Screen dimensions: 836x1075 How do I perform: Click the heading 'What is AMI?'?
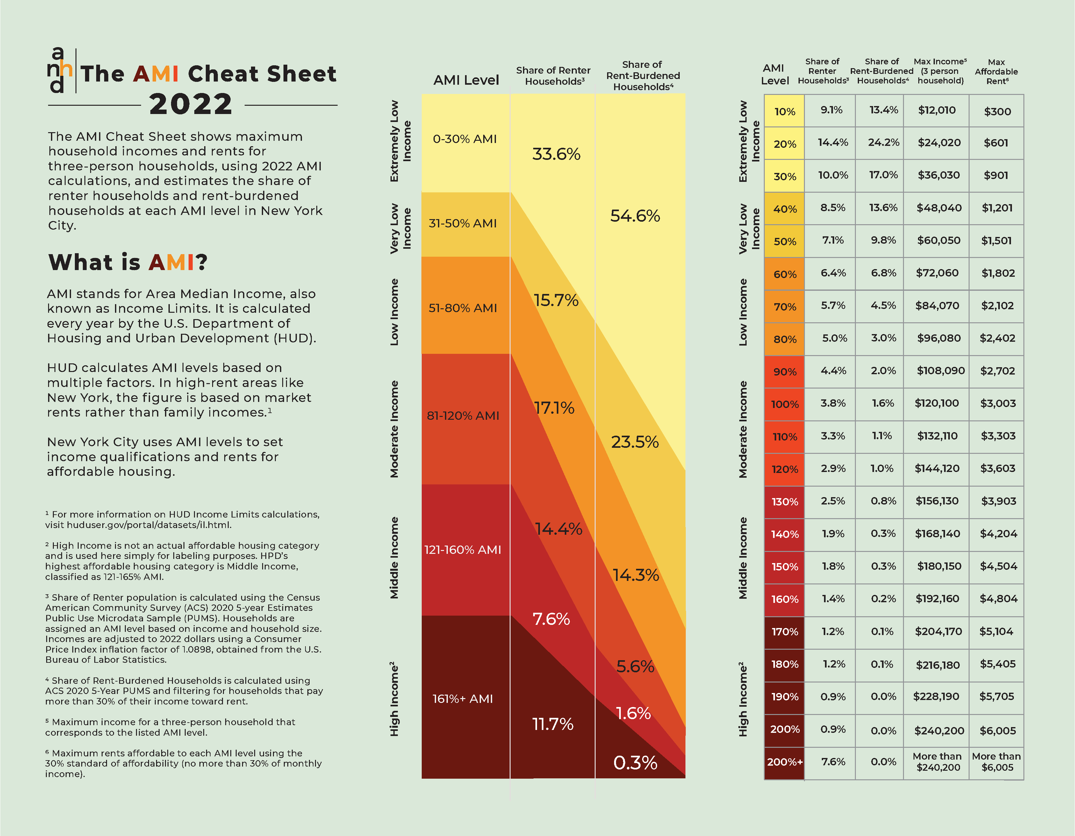[128, 262]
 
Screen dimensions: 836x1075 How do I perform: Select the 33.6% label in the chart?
[556, 154]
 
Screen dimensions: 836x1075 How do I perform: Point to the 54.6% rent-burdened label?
[635, 216]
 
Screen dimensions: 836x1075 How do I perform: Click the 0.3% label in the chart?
[635, 763]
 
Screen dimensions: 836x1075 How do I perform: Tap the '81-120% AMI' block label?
[463, 416]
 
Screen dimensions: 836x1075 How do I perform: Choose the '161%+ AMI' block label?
[463, 699]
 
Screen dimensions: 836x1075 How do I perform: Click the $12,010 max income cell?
[937, 110]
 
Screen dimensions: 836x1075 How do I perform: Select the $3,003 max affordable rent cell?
[998, 404]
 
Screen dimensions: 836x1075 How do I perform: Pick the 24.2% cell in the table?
[884, 143]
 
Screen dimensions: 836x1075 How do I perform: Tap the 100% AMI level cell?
[785, 404]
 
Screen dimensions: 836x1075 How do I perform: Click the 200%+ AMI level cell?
[785, 762]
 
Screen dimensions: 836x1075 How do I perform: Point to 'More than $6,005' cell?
[996, 762]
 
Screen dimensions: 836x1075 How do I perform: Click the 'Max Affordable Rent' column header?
[996, 72]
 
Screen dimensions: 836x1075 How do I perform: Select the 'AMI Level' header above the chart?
[466, 80]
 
